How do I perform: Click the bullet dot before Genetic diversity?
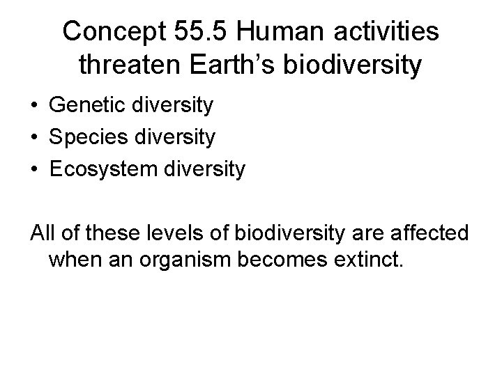point(33,107)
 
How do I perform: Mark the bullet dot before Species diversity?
point(33,138)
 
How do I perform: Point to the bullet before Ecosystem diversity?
point(33,169)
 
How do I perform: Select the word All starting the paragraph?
point(43,230)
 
